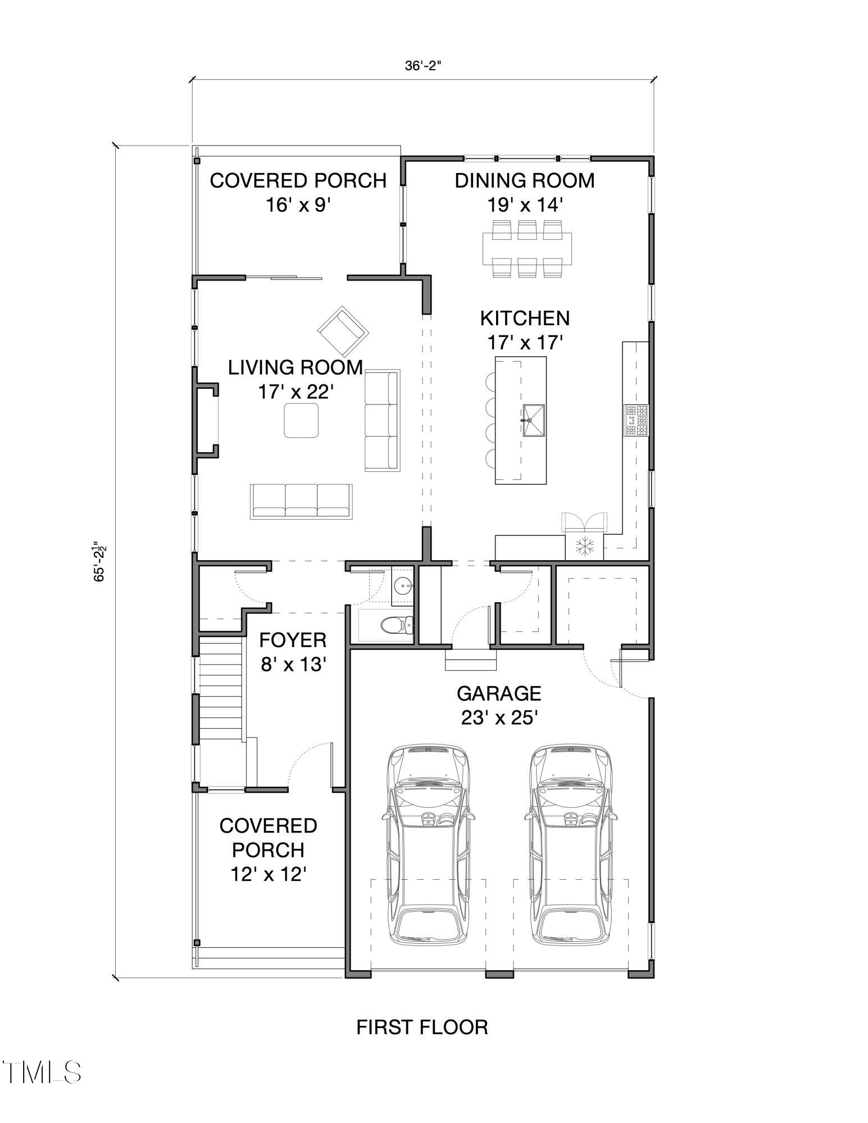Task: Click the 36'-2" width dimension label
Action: tap(423, 66)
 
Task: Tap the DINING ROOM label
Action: tap(524, 181)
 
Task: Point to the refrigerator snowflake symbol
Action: tap(584, 546)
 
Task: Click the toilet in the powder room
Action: tap(397, 624)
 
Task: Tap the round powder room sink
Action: tap(402, 587)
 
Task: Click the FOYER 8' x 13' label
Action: tap(293, 652)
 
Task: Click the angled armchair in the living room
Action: tap(343, 330)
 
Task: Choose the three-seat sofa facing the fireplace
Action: tap(382, 420)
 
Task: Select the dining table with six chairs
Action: tap(526, 248)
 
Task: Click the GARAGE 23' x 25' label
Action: tap(499, 705)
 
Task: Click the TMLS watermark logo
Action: tap(43, 1072)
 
